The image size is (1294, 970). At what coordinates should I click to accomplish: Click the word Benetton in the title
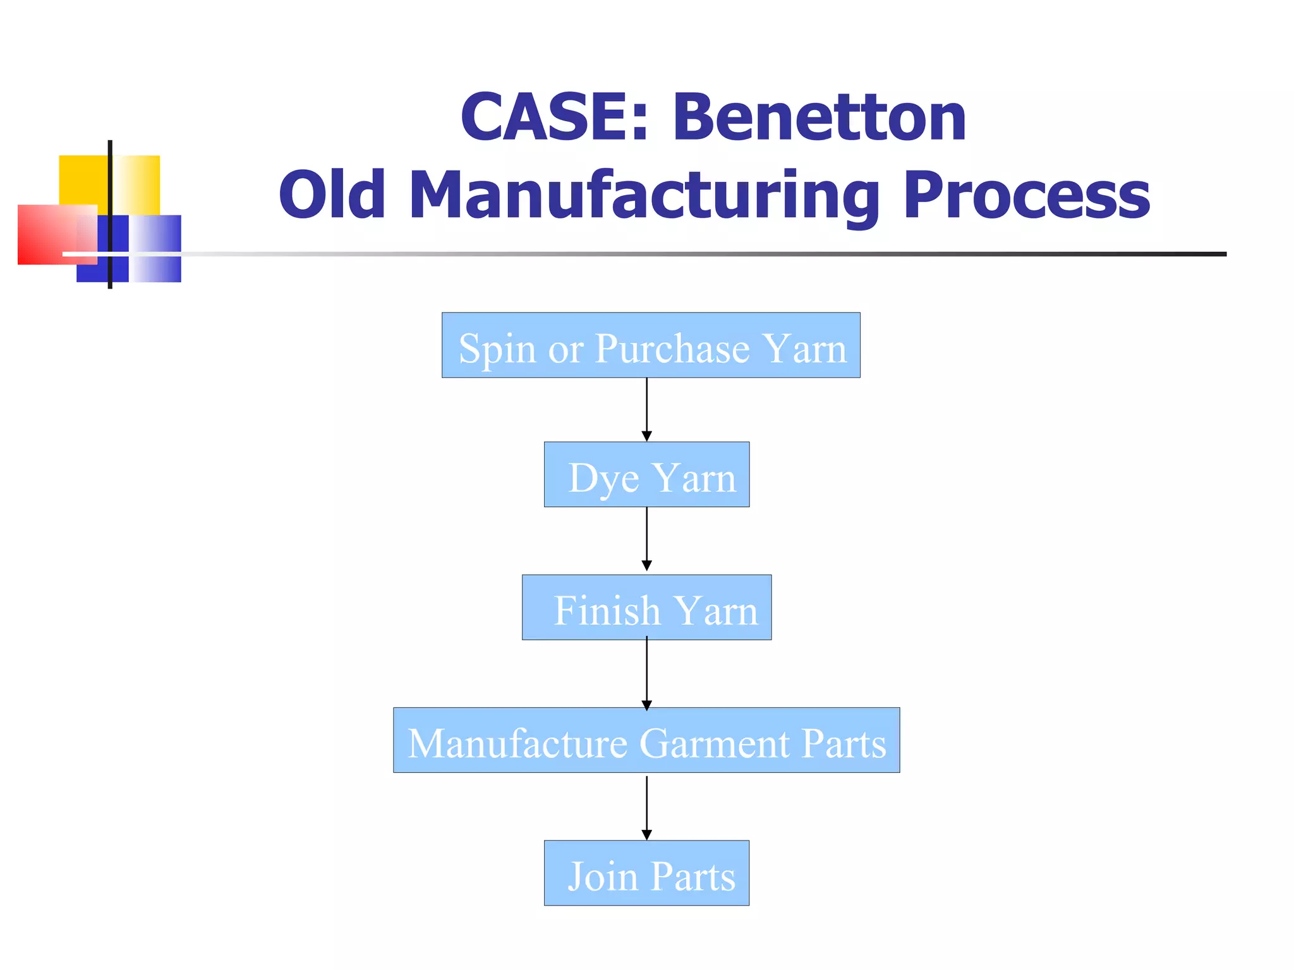[819, 118]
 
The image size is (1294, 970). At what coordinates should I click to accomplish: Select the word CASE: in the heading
[555, 118]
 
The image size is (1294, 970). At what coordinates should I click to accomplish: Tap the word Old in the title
[332, 195]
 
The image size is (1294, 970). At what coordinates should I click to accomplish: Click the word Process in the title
[1027, 195]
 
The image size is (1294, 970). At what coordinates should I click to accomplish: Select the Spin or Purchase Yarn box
[651, 345]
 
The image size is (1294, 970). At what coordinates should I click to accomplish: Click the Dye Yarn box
[646, 474]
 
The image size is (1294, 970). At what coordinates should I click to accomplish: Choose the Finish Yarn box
[646, 607]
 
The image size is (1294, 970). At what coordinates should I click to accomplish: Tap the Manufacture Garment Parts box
[646, 740]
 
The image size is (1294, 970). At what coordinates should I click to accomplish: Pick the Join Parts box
[646, 873]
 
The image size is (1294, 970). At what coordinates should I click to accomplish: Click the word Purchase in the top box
[672, 349]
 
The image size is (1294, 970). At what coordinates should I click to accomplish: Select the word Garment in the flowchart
[715, 743]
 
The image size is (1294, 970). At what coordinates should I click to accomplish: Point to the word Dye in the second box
[603, 478]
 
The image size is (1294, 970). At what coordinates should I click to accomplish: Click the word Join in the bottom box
[603, 877]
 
